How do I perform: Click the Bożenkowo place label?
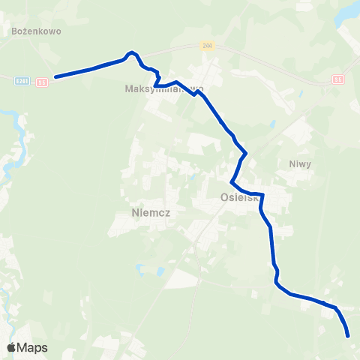click(x=37, y=32)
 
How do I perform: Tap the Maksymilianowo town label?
click(x=164, y=88)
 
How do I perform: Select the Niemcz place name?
click(x=151, y=213)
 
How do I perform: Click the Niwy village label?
click(x=299, y=163)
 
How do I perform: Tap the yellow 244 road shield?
click(x=207, y=46)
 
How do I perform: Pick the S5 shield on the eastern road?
click(x=338, y=79)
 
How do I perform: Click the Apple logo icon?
click(x=12, y=347)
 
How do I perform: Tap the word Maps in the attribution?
click(x=32, y=347)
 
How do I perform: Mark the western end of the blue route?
click(x=56, y=76)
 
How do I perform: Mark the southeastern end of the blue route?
click(x=349, y=337)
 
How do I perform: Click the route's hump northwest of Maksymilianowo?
click(x=132, y=52)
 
